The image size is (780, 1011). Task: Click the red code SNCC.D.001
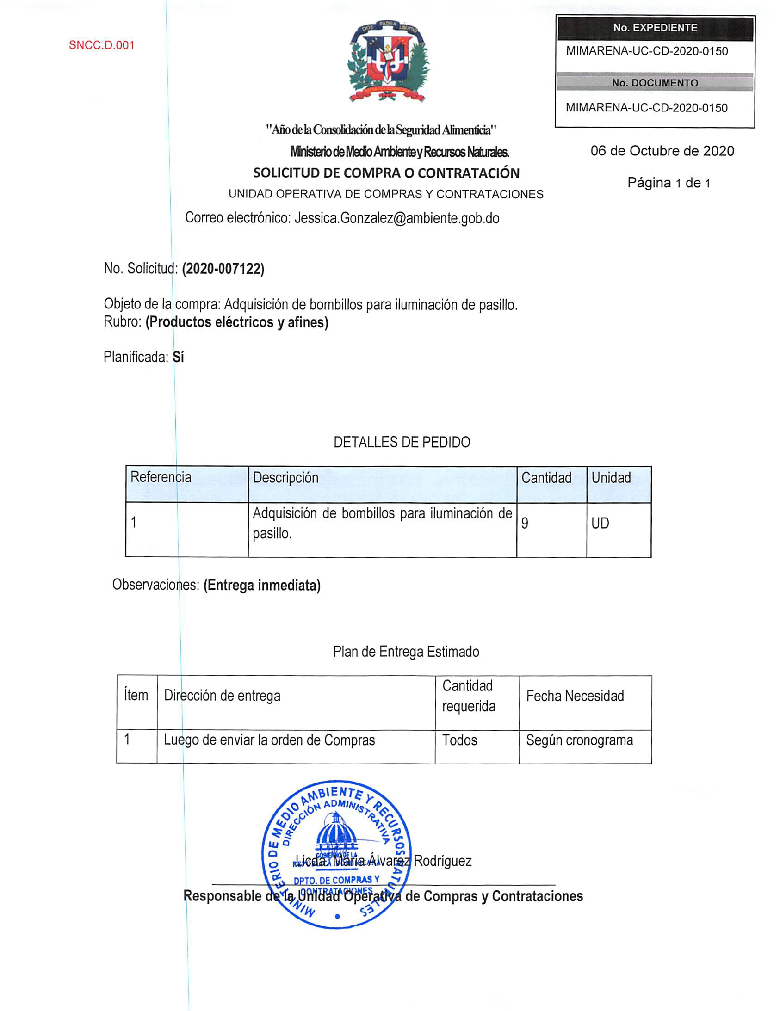coord(101,45)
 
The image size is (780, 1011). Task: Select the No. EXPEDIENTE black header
coord(655,28)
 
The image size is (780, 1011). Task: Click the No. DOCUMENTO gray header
coord(655,83)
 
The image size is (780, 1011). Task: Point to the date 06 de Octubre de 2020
coord(662,151)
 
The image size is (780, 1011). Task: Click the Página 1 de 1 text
coord(669,183)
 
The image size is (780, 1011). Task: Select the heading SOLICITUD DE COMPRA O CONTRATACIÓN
coord(386,173)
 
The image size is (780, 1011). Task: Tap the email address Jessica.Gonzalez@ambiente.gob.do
coord(397,218)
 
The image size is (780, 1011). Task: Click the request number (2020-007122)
coord(223,269)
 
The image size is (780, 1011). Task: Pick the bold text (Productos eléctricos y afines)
coord(237,322)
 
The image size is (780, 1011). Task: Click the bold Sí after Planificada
coord(178,357)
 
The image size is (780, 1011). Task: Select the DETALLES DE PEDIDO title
coord(402,442)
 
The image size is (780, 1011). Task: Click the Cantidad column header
coord(546,478)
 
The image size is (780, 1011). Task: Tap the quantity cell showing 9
coord(525,523)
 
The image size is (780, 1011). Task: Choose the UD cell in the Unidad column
coord(600,523)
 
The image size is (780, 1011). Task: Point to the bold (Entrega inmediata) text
coord(262,585)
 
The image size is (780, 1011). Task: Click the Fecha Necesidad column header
coord(575,696)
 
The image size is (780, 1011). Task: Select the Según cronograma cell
coord(579,740)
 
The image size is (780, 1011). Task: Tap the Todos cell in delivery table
coord(459,740)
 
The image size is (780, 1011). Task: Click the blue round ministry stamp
coord(337,854)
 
